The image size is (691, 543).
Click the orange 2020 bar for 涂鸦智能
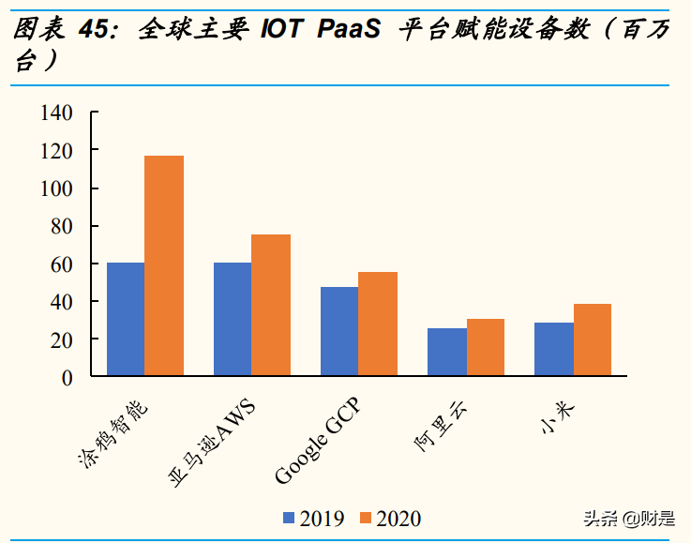(164, 265)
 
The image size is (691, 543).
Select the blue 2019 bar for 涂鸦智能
(126, 319)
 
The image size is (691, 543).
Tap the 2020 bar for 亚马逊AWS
(271, 305)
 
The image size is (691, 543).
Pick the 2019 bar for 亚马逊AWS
(233, 319)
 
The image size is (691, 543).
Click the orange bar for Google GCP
(378, 324)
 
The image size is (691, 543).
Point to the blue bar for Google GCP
(339, 331)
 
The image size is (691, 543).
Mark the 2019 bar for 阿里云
(446, 352)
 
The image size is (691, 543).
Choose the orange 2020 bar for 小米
(592, 339)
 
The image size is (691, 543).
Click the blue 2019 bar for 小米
(553, 349)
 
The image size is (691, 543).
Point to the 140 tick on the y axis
(56, 113)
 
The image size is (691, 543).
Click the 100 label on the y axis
(56, 189)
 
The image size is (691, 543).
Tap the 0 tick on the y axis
(67, 377)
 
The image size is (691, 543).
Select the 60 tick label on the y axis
(61, 264)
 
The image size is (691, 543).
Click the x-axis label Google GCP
(317, 441)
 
